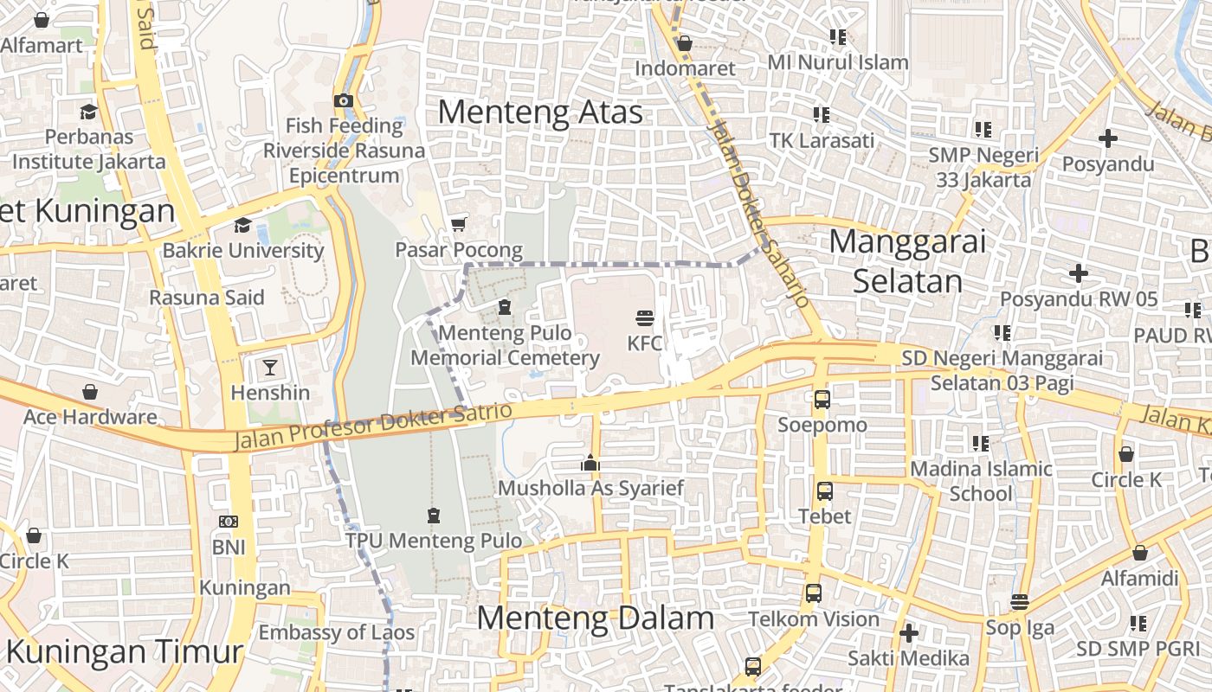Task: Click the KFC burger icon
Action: (644, 317)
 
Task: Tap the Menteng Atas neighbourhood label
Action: (540, 112)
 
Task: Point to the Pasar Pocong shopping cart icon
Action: (458, 225)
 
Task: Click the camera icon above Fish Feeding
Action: (344, 100)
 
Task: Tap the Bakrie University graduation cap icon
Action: (242, 225)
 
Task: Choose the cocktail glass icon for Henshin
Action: (270, 367)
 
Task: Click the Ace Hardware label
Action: (90, 417)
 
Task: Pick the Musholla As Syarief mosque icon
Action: (590, 463)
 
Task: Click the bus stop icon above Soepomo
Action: (822, 400)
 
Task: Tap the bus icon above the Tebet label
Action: (825, 491)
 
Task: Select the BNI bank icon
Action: (229, 522)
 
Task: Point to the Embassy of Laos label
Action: (337, 632)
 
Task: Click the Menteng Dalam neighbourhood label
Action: (596, 618)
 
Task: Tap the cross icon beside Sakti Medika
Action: (908, 633)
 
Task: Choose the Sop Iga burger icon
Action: (1020, 602)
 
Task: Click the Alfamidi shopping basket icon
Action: (1140, 553)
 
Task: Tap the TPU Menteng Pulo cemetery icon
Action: (434, 516)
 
